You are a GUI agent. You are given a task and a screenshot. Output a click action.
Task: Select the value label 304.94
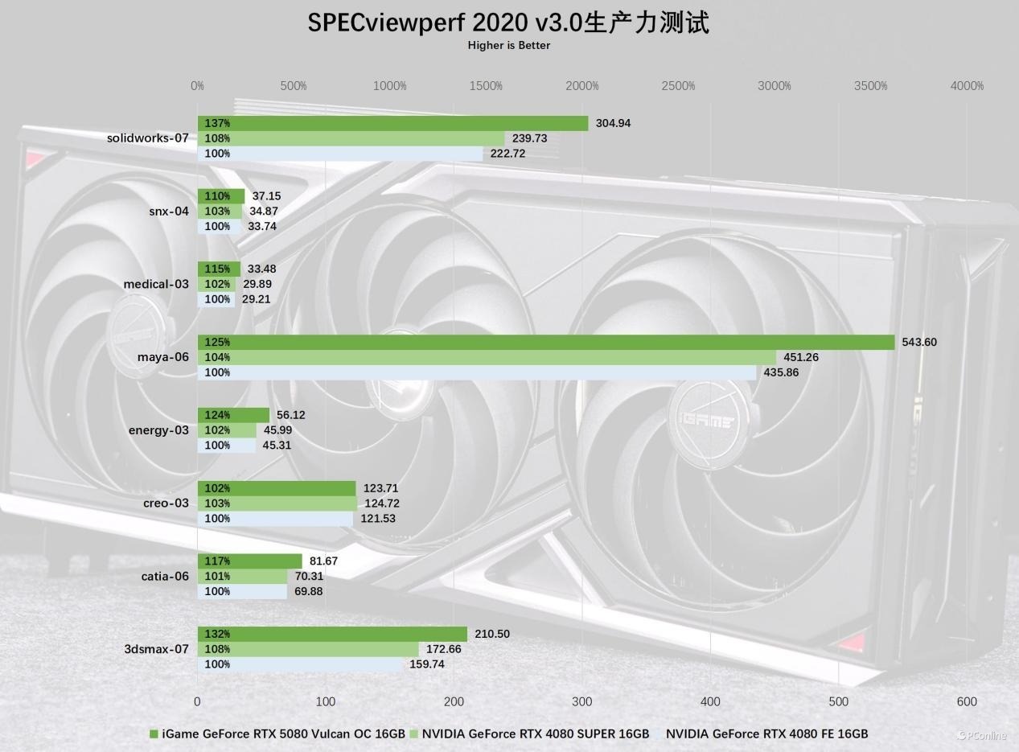tap(613, 123)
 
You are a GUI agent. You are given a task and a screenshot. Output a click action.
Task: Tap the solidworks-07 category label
tap(147, 138)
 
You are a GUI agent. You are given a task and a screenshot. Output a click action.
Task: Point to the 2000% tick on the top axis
tap(582, 86)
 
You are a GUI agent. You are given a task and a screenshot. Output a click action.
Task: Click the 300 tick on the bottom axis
tap(582, 701)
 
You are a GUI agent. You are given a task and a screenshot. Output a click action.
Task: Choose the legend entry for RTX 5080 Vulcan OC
tap(277, 734)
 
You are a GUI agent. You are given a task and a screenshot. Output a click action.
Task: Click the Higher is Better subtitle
tap(509, 46)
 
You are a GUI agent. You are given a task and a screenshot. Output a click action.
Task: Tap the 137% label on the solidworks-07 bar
tap(217, 123)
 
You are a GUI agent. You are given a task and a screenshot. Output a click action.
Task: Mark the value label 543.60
tap(919, 342)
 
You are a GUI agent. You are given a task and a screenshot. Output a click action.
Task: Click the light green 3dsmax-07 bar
tap(308, 649)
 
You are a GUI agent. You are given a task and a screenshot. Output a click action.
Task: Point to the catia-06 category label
tap(165, 576)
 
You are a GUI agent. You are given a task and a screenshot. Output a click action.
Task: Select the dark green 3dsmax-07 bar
tap(332, 634)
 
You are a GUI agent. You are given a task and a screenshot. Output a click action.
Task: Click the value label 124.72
tap(382, 503)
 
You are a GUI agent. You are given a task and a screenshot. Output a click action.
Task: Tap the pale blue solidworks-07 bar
tap(340, 154)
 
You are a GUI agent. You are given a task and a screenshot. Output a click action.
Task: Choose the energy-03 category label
tap(158, 430)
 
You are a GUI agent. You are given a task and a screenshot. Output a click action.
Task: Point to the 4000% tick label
tap(967, 86)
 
